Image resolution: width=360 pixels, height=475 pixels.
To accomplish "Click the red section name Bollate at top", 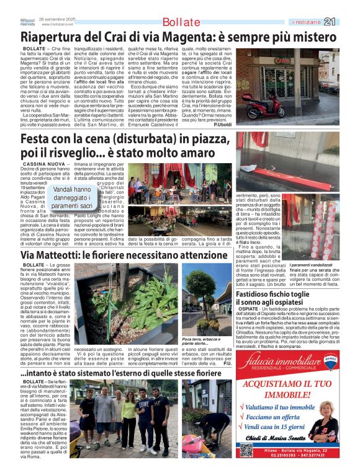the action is (181, 22).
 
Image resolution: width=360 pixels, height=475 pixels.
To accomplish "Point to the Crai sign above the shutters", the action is (282, 60).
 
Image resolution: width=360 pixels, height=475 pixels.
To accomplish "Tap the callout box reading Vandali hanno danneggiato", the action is (71, 197).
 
